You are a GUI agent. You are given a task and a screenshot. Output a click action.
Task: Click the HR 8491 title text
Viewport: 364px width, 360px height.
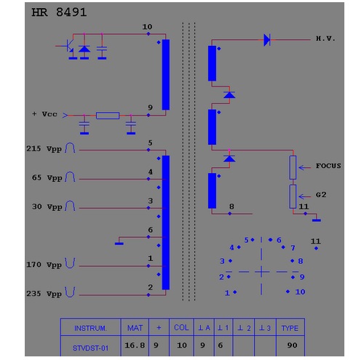tap(59, 12)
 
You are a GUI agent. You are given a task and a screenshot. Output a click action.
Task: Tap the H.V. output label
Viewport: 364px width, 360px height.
tap(325, 39)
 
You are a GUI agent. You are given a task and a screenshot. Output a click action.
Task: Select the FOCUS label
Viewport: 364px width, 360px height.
tap(328, 166)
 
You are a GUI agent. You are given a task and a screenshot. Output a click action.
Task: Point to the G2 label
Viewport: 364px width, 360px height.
tap(321, 195)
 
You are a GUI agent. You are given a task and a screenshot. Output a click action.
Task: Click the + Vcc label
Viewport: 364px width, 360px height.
tap(44, 114)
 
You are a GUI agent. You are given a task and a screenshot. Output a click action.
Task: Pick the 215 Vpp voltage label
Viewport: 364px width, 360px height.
tap(44, 148)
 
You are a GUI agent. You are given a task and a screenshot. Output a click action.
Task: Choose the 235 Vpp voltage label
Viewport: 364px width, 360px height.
tap(44, 294)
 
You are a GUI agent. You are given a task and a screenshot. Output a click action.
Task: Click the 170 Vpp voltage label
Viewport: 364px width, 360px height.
tap(44, 265)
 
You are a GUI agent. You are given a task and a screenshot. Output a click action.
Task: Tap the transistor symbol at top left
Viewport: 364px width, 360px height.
tap(69, 46)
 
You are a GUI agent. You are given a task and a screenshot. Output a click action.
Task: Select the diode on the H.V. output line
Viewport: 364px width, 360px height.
tap(267, 40)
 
